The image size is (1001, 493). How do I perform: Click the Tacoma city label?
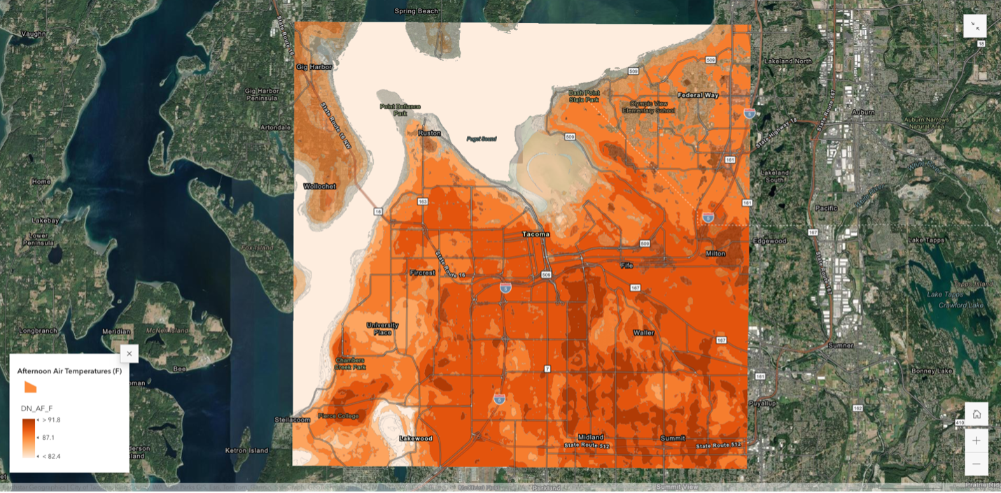pos(535,234)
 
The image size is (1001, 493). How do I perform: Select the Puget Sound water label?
pos(482,139)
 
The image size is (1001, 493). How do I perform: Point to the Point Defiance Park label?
pos(400,110)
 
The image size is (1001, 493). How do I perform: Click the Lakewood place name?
pos(415,438)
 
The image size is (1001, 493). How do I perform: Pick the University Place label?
pos(382,328)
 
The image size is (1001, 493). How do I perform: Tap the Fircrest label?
pos(422,273)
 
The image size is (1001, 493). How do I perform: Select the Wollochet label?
pos(319,186)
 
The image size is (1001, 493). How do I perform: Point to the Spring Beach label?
pos(416,11)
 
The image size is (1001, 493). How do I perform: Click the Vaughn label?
pos(33,34)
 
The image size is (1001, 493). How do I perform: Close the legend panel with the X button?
pos(129,354)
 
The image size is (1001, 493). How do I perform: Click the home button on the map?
pos(976,414)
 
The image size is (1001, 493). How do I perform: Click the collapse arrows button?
pos(975,26)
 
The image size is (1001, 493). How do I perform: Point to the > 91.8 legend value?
pos(51,420)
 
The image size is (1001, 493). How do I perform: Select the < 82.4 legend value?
pos(51,457)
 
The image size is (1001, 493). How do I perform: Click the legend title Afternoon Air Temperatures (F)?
pos(69,371)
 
